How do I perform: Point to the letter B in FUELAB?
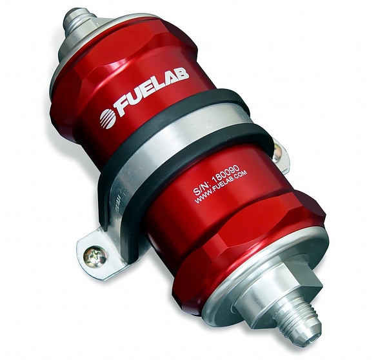tap(181, 73)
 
